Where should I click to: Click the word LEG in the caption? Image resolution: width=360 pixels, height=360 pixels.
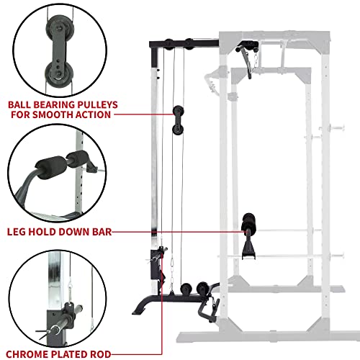click(19, 232)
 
